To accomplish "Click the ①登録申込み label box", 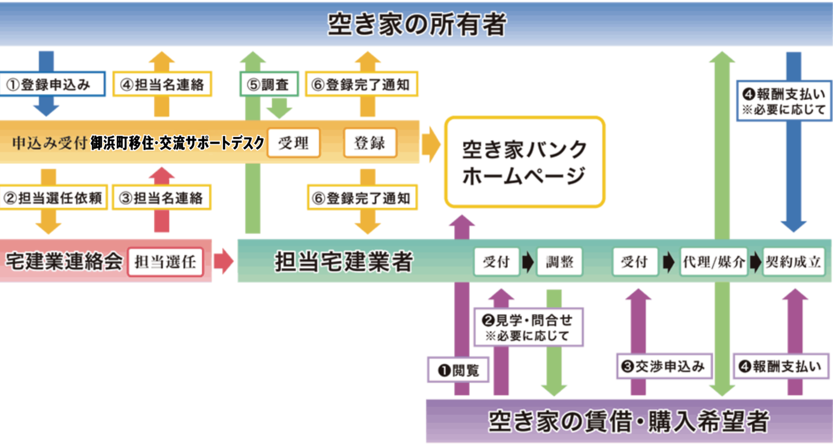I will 53,84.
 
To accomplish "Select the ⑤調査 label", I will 269,84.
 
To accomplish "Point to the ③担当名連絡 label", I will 162,198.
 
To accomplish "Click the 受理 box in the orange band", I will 293,142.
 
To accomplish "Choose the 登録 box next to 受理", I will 370,142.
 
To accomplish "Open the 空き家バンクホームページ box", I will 524,162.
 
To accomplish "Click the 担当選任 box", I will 165,262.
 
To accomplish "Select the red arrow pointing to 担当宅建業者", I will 223,262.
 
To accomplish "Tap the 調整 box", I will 559,262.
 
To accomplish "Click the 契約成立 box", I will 793,262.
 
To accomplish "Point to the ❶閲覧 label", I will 458,370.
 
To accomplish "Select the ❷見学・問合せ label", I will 529,327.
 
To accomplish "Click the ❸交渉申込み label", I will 664,366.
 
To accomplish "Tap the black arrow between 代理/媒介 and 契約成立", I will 755,262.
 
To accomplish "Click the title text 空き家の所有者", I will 417,24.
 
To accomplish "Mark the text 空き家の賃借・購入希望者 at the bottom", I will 628,422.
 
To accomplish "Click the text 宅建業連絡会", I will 64,262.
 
